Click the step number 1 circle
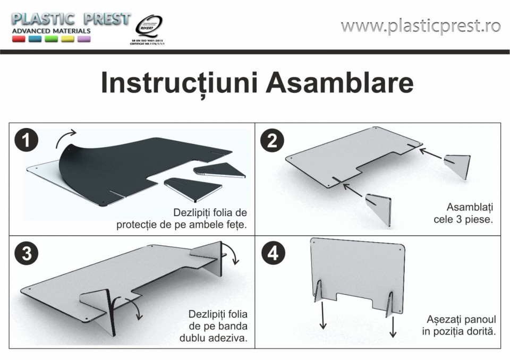(x=27, y=140)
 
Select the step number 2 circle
(x=272, y=141)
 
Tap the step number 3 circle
(x=27, y=253)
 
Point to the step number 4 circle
(x=273, y=253)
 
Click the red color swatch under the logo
(x=19, y=39)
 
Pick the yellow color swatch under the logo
(x=67, y=39)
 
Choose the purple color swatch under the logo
(x=84, y=39)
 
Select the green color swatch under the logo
(x=52, y=39)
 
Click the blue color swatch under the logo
(x=35, y=39)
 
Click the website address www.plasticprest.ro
(x=421, y=25)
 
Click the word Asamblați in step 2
(x=470, y=208)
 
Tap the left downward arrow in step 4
(x=322, y=315)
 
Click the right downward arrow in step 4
(x=393, y=327)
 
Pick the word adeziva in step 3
(x=228, y=338)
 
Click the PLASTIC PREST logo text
(x=71, y=19)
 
